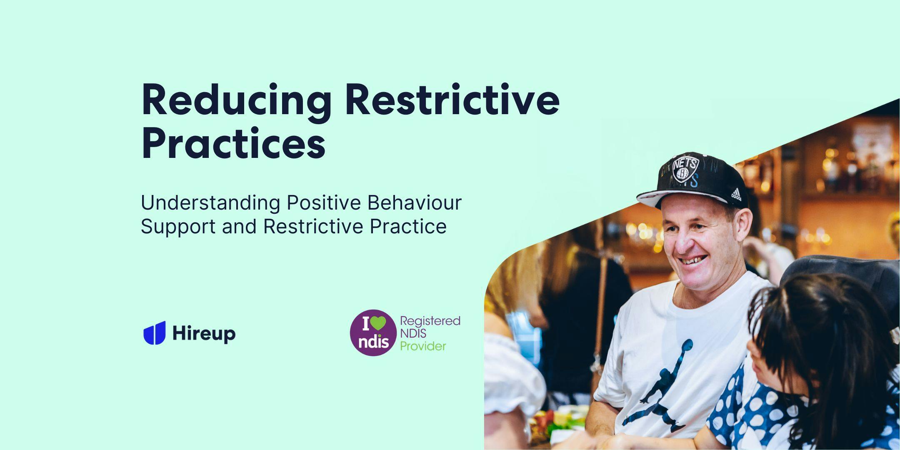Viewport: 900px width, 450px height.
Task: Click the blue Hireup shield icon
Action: coord(155,333)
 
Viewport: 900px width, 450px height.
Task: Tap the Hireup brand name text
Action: coord(204,333)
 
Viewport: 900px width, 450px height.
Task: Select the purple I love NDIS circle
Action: coord(373,332)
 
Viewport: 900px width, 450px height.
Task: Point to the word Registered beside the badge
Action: coord(430,321)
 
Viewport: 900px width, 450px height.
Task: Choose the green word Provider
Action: coord(423,346)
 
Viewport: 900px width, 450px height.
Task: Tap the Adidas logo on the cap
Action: coord(736,194)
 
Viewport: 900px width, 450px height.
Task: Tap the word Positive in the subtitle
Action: coord(323,203)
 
